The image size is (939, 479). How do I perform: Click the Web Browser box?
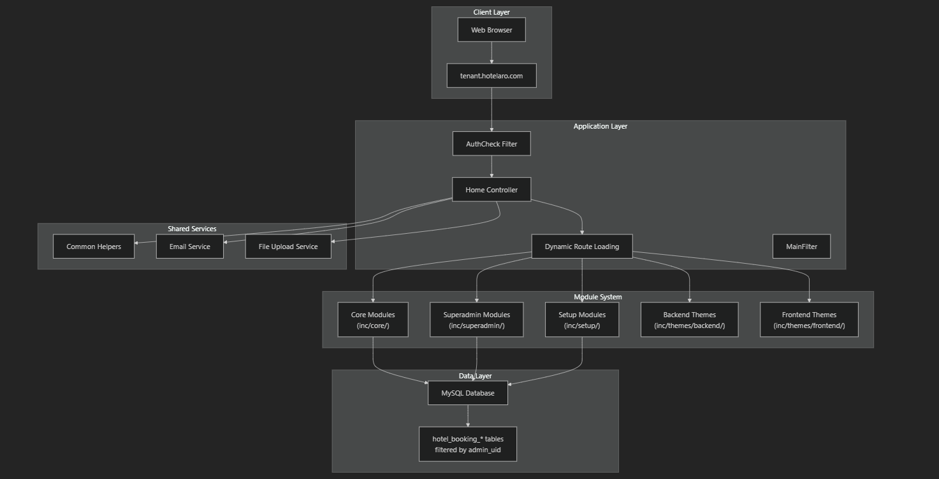[491, 30]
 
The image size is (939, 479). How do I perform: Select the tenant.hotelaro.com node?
[491, 76]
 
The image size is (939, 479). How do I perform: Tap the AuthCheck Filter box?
[491, 144]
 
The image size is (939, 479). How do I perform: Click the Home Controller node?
[491, 190]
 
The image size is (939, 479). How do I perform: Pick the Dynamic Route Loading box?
[582, 247]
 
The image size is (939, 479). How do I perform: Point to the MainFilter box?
[801, 247]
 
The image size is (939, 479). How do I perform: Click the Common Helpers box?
[94, 247]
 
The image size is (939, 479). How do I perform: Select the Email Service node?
[190, 247]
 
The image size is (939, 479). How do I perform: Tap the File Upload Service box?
[288, 247]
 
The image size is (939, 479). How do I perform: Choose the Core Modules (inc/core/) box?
[373, 320]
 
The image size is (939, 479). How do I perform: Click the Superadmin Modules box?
[477, 320]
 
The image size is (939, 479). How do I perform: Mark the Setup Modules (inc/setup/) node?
[582, 320]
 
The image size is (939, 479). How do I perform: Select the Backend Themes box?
[689, 320]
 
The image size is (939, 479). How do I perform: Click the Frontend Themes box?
[809, 320]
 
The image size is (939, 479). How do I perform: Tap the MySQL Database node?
[468, 393]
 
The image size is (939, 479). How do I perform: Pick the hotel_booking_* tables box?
[468, 444]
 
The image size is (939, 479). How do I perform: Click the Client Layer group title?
[491, 12]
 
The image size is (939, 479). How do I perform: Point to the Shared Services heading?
[192, 229]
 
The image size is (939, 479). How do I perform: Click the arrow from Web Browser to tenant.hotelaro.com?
[491, 53]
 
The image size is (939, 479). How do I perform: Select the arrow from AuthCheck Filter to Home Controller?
[491, 167]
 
